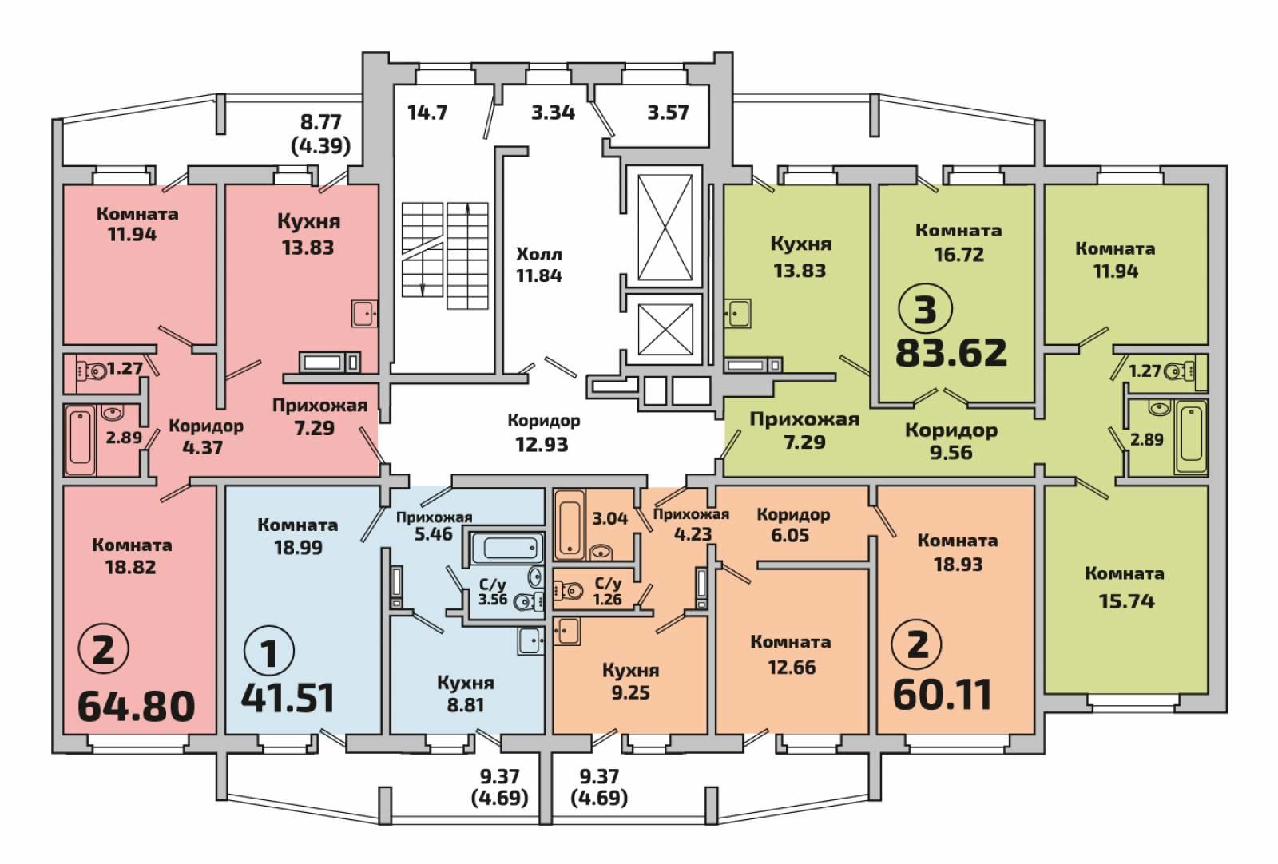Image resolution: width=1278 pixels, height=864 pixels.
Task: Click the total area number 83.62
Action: click(x=951, y=352)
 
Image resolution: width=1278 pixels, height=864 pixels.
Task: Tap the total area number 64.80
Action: click(x=137, y=706)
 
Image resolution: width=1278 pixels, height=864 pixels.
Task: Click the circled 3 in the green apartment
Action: click(x=926, y=310)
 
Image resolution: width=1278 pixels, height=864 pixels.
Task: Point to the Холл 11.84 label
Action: click(x=539, y=264)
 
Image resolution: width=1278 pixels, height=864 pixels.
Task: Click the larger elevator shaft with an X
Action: click(x=665, y=227)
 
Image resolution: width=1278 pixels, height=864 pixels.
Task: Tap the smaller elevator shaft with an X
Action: click(x=665, y=330)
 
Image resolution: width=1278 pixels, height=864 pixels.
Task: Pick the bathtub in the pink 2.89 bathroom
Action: click(x=81, y=440)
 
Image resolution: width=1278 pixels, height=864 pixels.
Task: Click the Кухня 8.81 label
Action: click(x=466, y=693)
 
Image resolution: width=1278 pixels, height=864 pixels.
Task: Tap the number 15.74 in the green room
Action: click(x=1127, y=601)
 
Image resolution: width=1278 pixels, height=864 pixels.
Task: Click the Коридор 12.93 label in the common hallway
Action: click(x=543, y=433)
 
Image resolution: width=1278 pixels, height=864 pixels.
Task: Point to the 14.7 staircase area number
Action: click(x=427, y=113)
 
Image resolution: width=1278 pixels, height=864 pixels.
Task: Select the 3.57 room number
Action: click(x=668, y=113)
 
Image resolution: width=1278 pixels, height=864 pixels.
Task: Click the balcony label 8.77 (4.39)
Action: click(x=320, y=134)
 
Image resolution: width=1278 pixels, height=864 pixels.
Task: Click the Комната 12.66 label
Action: click(x=791, y=654)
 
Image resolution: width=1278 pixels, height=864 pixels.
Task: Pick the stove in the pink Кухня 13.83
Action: click(x=330, y=363)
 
